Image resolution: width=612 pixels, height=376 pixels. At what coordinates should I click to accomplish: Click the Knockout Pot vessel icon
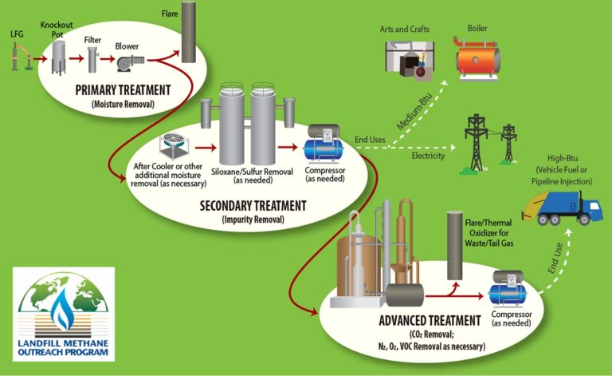click(59, 57)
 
